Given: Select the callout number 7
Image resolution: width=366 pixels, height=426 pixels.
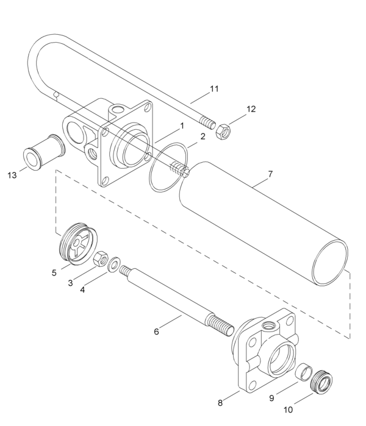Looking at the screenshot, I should pyautogui.click(x=270, y=174).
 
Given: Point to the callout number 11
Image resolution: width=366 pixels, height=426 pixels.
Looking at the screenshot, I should pyautogui.click(x=213, y=89).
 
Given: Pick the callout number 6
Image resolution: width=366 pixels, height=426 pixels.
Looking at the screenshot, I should pyautogui.click(x=156, y=332).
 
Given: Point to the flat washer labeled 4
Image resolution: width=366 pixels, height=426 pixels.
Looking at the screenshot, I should pyautogui.click(x=114, y=266).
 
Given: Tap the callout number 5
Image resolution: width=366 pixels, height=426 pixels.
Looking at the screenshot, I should pyautogui.click(x=54, y=272).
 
